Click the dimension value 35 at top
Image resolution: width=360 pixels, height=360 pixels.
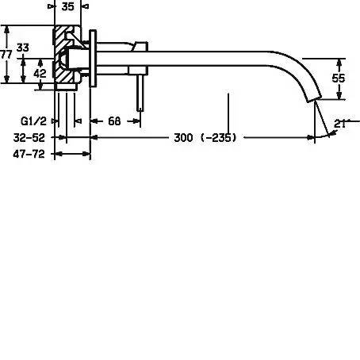(x=67, y=6)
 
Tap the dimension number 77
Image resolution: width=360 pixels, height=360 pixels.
(x=6, y=55)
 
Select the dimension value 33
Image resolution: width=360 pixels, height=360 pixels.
(x=23, y=48)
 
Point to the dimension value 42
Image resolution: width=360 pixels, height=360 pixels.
(x=40, y=73)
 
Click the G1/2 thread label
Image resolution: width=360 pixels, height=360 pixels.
(x=33, y=121)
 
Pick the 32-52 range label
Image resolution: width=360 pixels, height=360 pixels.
(x=29, y=138)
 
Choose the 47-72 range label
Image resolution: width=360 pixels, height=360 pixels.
(x=29, y=154)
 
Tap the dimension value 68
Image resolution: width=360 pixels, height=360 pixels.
(x=114, y=121)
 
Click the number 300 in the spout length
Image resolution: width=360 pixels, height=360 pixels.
(x=183, y=138)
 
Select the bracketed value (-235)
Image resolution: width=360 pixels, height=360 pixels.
(x=219, y=138)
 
